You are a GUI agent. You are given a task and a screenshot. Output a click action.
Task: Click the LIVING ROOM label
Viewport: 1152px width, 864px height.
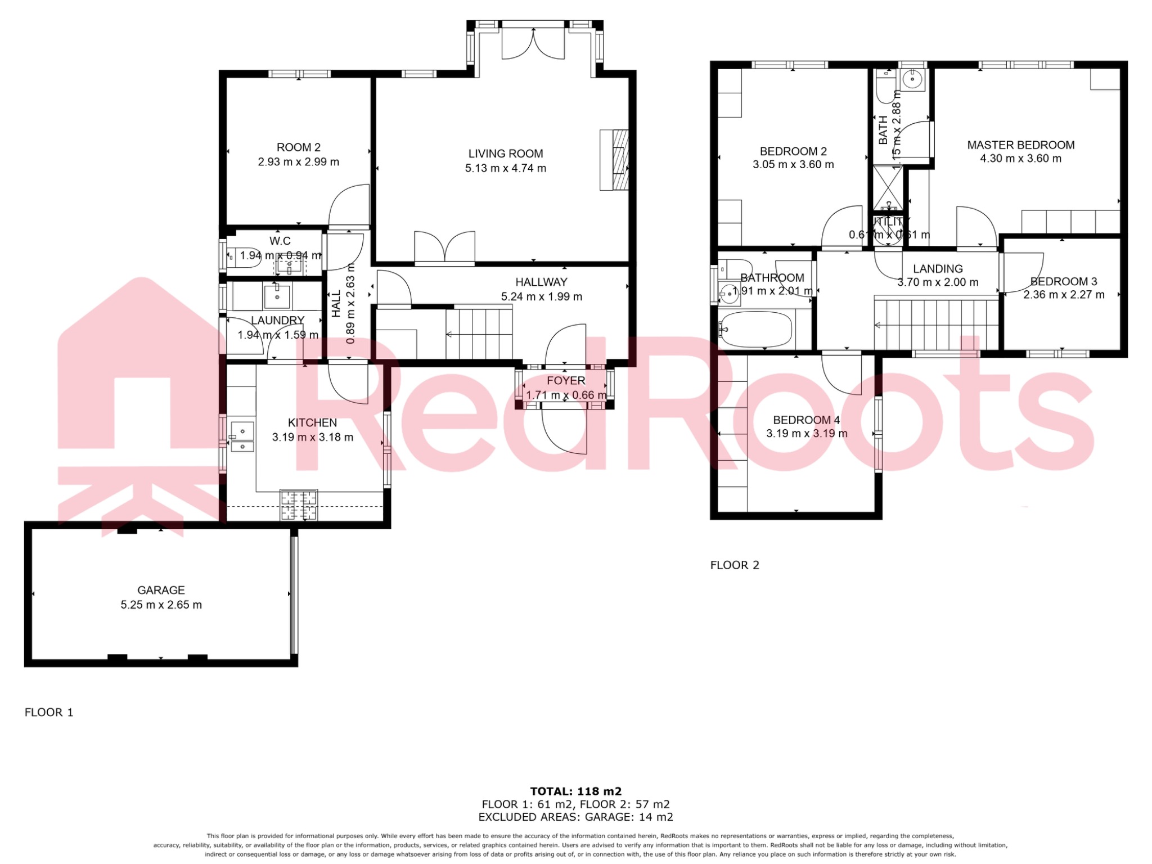pos(505,154)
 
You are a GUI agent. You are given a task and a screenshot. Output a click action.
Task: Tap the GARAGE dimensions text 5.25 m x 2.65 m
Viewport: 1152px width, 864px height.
pos(161,605)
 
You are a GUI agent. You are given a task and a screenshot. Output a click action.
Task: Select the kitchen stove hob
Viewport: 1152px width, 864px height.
pos(299,505)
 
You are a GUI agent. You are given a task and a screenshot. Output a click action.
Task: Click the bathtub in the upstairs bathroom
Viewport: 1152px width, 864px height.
pos(756,329)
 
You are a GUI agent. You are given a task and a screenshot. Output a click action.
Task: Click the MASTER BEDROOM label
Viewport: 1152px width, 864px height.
pos(1020,145)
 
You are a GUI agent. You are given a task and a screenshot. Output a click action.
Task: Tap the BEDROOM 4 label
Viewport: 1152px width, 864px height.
pos(806,420)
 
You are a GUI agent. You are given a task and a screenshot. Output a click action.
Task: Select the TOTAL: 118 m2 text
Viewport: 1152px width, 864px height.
pos(575,791)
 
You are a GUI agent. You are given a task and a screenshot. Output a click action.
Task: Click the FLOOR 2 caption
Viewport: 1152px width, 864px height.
pos(735,565)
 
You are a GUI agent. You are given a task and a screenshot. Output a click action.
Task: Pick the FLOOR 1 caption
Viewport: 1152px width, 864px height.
pos(49,712)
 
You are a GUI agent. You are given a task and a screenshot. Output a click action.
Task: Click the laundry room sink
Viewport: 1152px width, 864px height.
pos(277,296)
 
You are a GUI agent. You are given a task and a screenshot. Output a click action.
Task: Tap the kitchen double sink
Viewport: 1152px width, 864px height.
pos(242,437)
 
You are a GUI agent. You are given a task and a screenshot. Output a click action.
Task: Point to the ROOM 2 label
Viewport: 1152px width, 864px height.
pos(298,147)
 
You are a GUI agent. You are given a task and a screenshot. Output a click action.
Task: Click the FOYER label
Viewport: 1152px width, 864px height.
pos(566,381)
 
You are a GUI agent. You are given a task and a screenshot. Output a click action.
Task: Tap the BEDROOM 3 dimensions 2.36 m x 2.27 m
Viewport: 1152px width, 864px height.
pos(1064,295)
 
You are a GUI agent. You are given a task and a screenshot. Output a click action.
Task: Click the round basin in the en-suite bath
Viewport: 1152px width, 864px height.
pos(912,80)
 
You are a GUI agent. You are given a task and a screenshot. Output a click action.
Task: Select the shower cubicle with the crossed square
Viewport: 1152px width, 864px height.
pos(888,187)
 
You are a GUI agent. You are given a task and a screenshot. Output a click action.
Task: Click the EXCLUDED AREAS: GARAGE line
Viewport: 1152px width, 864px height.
pos(575,817)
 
